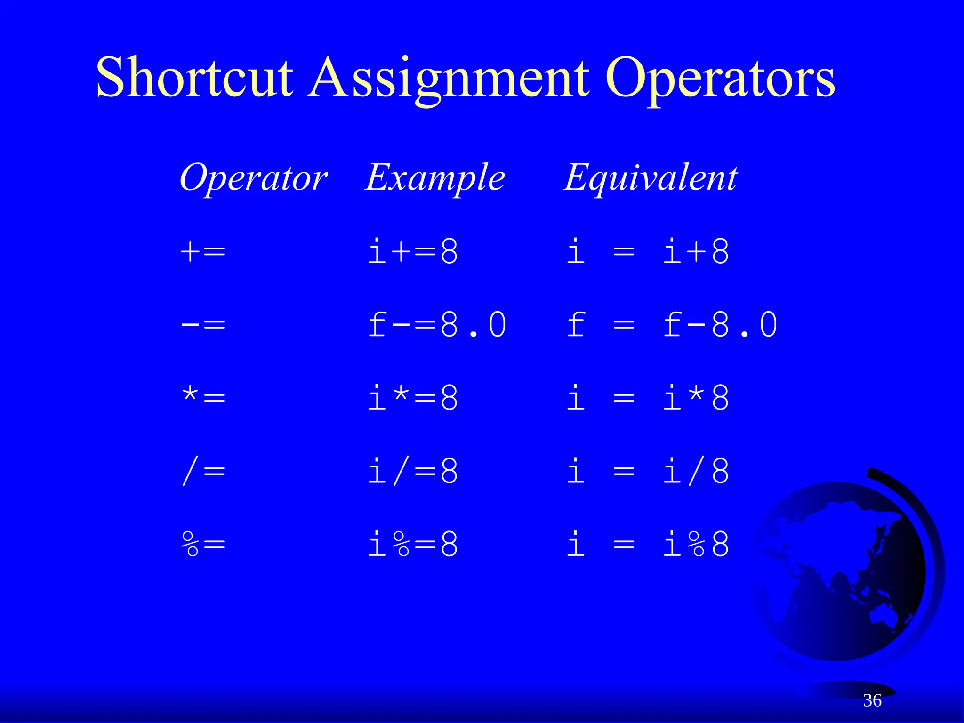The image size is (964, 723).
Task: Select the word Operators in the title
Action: point(720,78)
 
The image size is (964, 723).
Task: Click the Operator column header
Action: point(253,178)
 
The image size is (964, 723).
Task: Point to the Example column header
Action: point(435,178)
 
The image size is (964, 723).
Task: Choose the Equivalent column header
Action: point(651,177)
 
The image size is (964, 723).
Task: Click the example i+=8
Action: point(413,252)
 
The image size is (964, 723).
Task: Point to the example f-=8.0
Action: point(437,325)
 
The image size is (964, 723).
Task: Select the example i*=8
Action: point(413,398)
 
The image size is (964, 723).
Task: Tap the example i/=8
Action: point(413,471)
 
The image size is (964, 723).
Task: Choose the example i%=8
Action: point(413,544)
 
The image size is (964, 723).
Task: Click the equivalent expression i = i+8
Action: point(648,252)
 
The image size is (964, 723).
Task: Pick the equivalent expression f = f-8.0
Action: point(672,325)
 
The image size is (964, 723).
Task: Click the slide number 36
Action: point(872,700)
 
